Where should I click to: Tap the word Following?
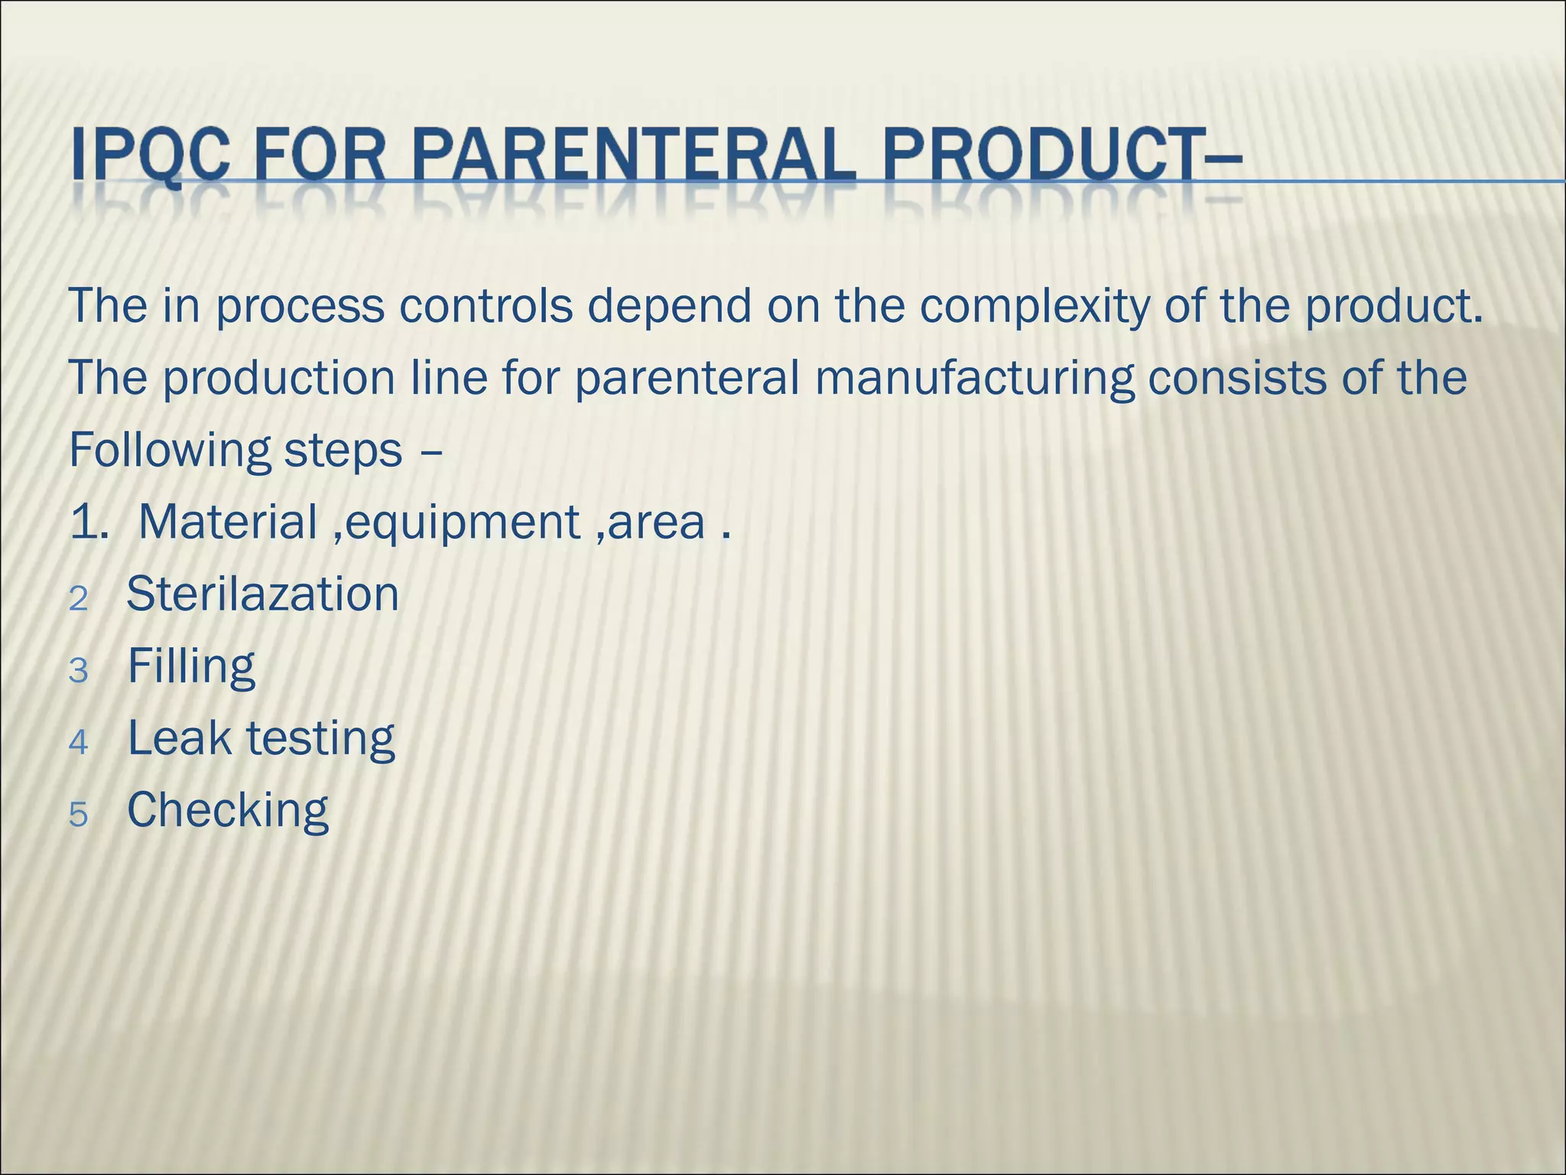170,451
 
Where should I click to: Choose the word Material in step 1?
228,522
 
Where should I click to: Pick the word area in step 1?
656,524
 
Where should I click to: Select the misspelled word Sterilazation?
262,594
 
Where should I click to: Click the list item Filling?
190,667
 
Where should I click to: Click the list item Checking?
227,811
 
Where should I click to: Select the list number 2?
78,599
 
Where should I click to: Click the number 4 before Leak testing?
78,743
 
